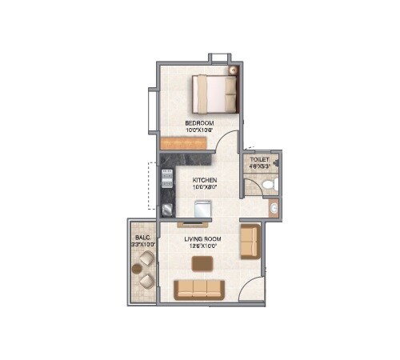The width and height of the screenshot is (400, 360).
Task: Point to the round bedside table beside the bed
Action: [x=234, y=71]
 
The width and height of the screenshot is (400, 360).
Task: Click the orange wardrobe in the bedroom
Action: [x=183, y=142]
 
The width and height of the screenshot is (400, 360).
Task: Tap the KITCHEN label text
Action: [x=205, y=181]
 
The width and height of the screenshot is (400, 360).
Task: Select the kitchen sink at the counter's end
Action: [x=168, y=209]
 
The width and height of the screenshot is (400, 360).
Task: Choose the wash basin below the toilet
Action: [x=274, y=210]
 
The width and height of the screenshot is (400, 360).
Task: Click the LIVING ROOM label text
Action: [x=204, y=239]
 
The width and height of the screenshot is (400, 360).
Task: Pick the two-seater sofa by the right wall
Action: [x=250, y=242]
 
